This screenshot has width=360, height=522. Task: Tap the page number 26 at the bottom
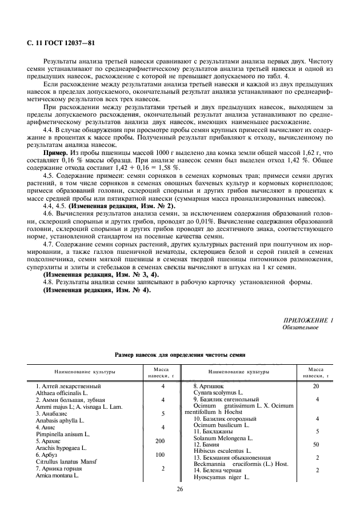pyautogui.click(x=179, y=489)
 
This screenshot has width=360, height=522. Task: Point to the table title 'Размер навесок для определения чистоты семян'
pyautogui.click(x=180, y=354)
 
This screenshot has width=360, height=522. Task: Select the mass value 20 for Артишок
pyautogui.click(x=316, y=386)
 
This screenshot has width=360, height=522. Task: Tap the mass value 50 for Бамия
pyautogui.click(x=316, y=444)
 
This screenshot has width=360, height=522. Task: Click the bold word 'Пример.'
pyautogui.click(x=57, y=154)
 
